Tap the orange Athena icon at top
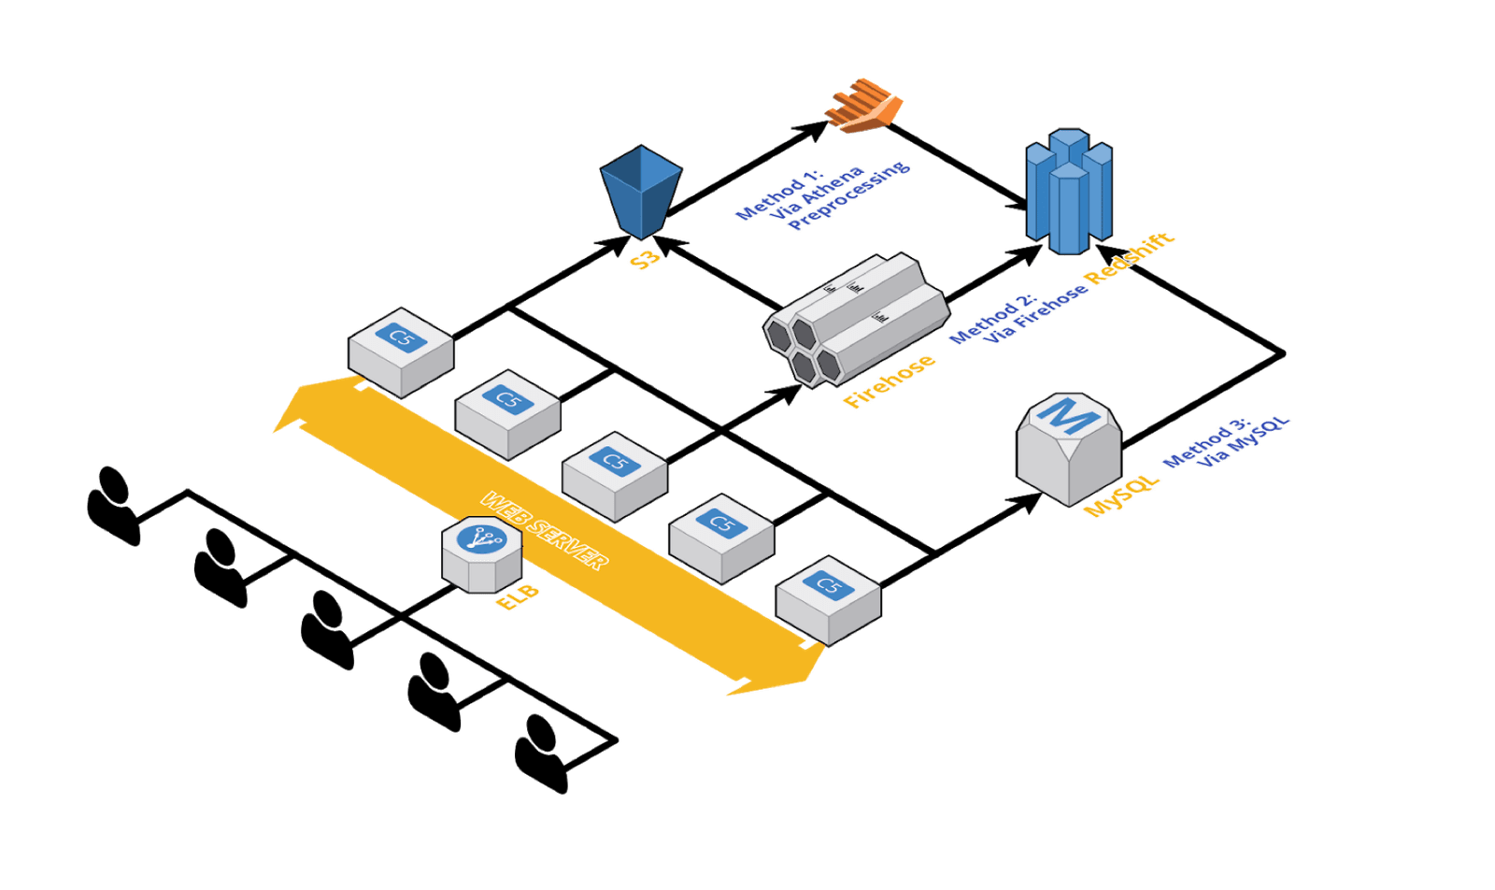pyautogui.click(x=865, y=105)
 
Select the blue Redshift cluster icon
pyautogui.click(x=1069, y=194)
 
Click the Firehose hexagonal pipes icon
pyautogui.click(x=855, y=318)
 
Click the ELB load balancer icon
pyautogui.click(x=481, y=553)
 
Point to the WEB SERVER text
pyautogui.click(x=545, y=529)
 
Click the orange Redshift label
pyautogui.click(x=1130, y=258)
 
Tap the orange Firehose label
pyautogui.click(x=889, y=381)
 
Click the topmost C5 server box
pyautogui.click(x=401, y=351)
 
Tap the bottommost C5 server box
pyautogui.click(x=828, y=598)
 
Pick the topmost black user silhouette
pyautogui.click(x=114, y=505)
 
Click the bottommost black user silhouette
pyautogui.click(x=542, y=754)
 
